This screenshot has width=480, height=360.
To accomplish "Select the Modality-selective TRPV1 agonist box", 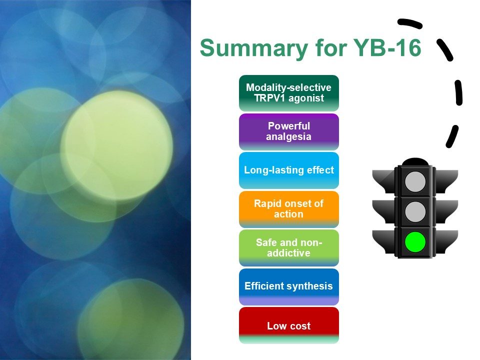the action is click(288, 93).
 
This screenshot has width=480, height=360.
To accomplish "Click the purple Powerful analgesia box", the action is click(288, 131).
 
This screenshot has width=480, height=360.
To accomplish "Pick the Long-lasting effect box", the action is click(288, 170).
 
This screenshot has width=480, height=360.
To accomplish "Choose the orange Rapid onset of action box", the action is click(288, 209).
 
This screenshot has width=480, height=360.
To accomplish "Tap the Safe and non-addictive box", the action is click(288, 248).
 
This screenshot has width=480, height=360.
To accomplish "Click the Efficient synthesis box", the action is click(288, 287).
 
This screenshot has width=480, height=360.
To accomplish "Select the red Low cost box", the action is click(288, 325).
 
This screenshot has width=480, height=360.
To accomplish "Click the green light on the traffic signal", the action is click(415, 241).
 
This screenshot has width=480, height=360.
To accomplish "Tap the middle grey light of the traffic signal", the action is click(415, 211).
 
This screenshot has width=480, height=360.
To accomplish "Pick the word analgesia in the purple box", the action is click(288, 136).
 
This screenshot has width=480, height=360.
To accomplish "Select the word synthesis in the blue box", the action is click(310, 286).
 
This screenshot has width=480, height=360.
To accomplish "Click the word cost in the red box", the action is click(300, 326).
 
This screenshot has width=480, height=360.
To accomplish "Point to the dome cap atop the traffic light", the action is click(415, 162).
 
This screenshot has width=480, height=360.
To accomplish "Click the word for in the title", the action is click(330, 47).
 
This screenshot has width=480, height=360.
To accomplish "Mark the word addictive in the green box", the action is click(288, 253).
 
